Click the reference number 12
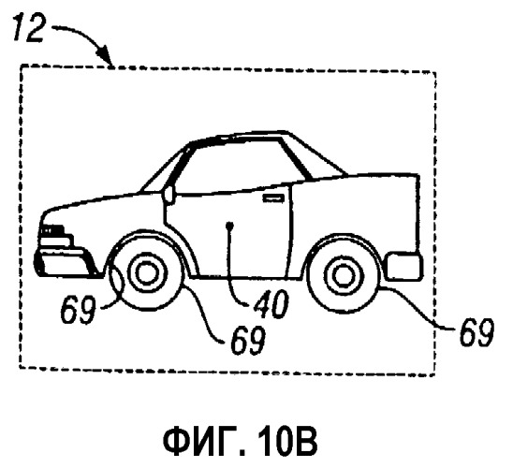tap(29, 29)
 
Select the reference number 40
tap(271, 304)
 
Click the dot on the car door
tap(230, 225)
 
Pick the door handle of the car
tap(273, 198)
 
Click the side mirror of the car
tap(169, 195)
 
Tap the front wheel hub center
tap(146, 273)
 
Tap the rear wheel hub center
tap(342, 277)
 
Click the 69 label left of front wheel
tap(78, 309)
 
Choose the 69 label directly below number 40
tap(248, 340)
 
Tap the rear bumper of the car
tap(404, 267)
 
